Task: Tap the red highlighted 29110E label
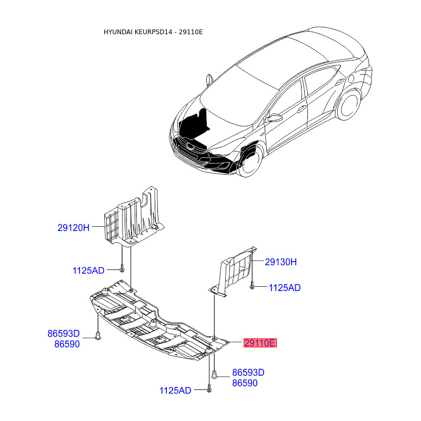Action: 259,344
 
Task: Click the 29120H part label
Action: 74,228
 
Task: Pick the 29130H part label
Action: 281,262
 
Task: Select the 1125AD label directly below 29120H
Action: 88,270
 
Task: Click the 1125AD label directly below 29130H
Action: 285,288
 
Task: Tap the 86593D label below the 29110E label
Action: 248,373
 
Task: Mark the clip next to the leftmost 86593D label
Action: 98,336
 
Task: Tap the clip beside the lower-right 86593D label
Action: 215,375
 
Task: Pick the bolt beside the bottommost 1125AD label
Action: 209,389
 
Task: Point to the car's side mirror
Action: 274,118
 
